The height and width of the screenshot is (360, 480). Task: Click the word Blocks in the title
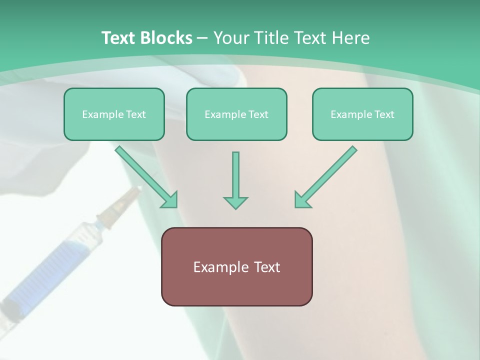pyautogui.click(x=167, y=38)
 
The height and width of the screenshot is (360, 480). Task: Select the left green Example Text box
pyautogui.click(x=114, y=114)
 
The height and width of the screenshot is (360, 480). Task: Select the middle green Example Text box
pyautogui.click(x=236, y=114)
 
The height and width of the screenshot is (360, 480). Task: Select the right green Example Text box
pyautogui.click(x=362, y=114)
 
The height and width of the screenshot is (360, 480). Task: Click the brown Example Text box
pyautogui.click(x=236, y=266)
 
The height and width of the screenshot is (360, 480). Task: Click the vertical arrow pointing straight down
pyautogui.click(x=235, y=175)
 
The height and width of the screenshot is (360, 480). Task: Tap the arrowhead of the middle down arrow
pyautogui.click(x=235, y=202)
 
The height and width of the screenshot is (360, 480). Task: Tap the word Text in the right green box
pyautogui.click(x=384, y=114)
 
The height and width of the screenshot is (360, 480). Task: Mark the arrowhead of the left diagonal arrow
pyautogui.click(x=169, y=200)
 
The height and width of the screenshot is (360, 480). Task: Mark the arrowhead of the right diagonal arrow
pyautogui.click(x=303, y=200)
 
